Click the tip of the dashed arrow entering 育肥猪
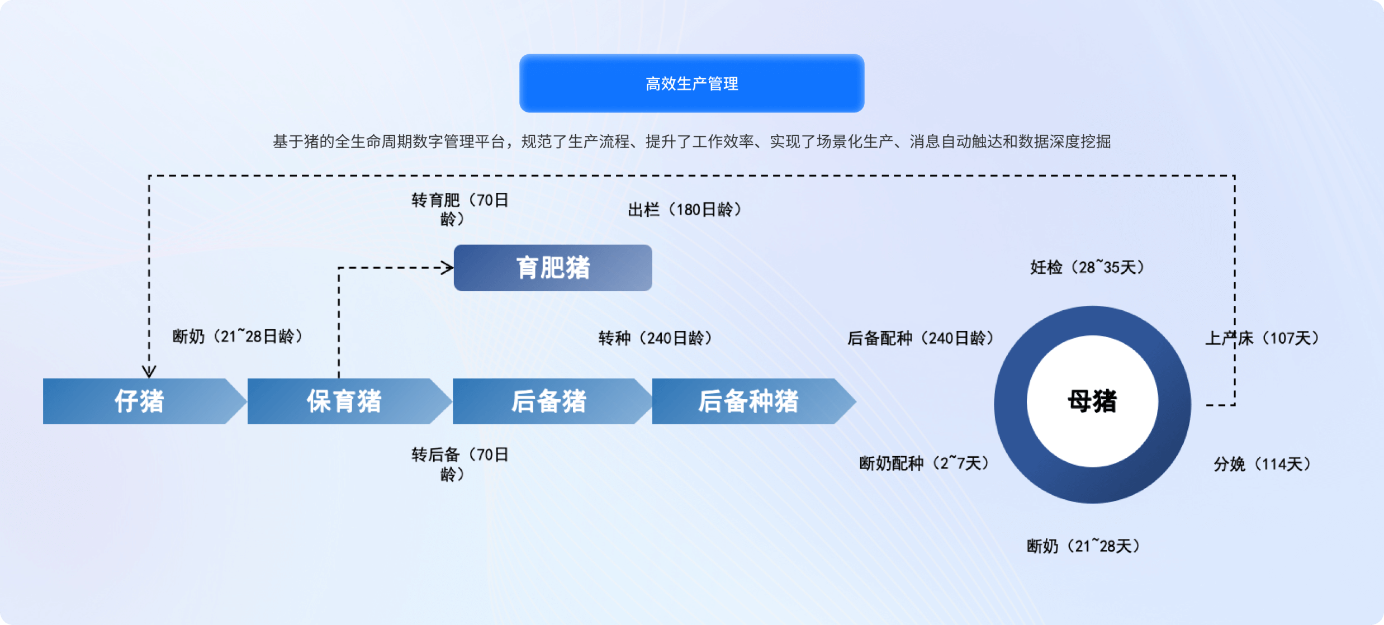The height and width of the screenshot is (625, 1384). pos(453,268)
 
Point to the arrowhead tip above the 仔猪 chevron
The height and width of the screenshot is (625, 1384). pos(149,377)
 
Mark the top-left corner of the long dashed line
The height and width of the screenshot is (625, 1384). pos(149,176)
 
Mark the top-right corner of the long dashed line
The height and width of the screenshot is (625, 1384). pos(1234,176)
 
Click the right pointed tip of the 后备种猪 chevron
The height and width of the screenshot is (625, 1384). pos(856,401)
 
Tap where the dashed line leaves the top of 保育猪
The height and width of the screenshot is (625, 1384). pos(339,378)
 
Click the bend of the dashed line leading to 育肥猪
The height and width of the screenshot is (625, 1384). pos(339,268)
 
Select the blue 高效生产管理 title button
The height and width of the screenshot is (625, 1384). pos(691,83)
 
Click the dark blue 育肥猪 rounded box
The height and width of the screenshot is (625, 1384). pos(553,268)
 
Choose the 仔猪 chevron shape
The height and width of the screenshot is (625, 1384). pos(145,401)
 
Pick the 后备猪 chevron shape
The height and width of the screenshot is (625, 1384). pos(552,401)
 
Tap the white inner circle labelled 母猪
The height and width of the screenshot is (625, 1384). pos(1092,401)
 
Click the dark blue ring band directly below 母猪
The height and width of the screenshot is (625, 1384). pos(1092,485)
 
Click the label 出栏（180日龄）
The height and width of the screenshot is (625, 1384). pos(685,210)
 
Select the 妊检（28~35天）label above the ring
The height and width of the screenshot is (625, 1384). pos(1088,267)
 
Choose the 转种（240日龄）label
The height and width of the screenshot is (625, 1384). pos(655,338)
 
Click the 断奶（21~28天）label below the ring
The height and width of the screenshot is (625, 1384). pos(1084,546)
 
